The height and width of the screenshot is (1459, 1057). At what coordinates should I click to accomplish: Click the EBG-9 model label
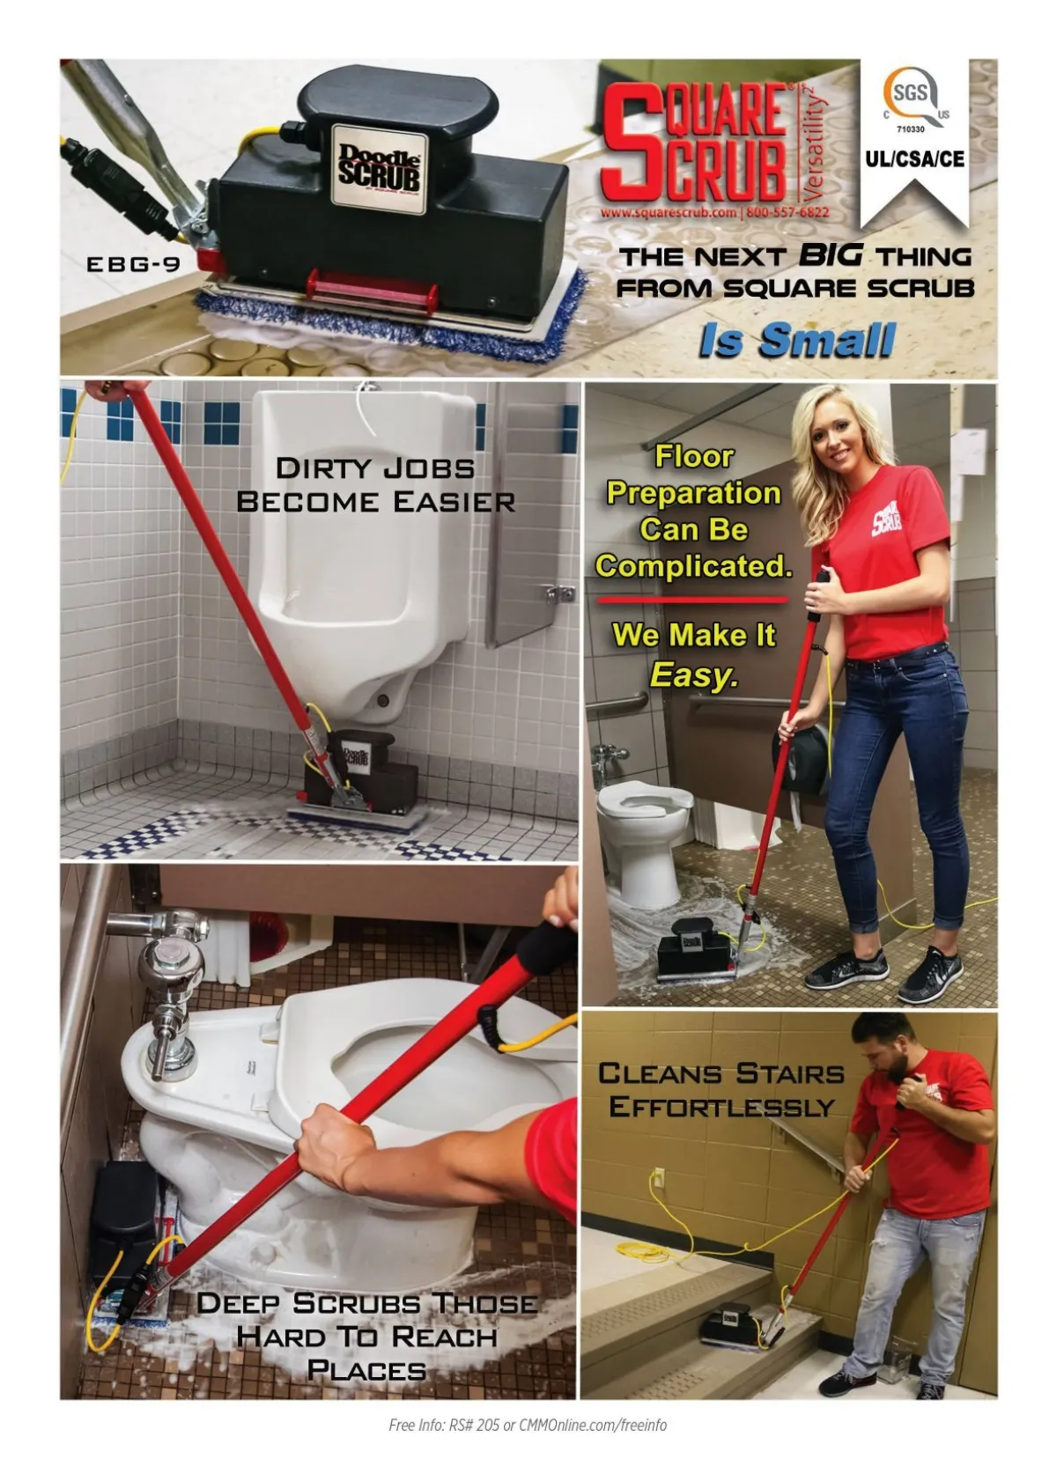(x=134, y=264)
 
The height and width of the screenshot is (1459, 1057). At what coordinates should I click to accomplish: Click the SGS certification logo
(x=915, y=99)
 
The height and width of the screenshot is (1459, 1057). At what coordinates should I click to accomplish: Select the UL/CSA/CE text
(x=914, y=158)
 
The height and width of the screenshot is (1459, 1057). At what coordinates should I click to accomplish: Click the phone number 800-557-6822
(x=787, y=212)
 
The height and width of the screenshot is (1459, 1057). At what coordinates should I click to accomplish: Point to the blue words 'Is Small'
(x=797, y=340)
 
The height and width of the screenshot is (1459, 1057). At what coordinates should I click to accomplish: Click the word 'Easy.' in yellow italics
(x=694, y=674)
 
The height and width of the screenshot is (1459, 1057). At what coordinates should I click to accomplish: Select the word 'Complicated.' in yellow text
(x=693, y=566)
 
